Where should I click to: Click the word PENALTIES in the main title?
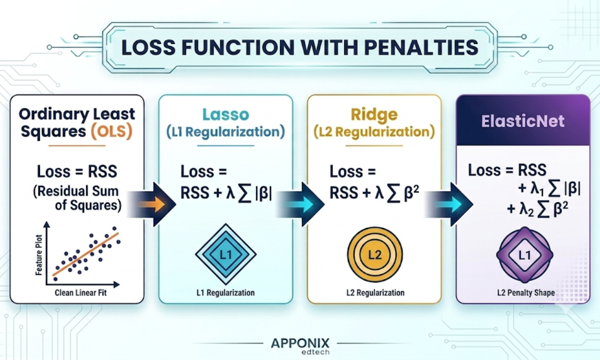click(x=421, y=47)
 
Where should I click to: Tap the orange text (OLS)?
click(x=111, y=131)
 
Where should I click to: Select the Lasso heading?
click(x=226, y=114)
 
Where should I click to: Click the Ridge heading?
click(x=374, y=114)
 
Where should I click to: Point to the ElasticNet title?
click(x=523, y=121)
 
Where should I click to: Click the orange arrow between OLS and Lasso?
click(x=151, y=204)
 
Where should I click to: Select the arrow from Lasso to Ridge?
click(x=300, y=204)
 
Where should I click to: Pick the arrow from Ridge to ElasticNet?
click(x=448, y=204)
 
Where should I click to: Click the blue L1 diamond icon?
click(x=226, y=254)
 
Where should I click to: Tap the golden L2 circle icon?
click(x=374, y=254)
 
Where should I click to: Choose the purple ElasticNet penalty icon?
click(x=524, y=255)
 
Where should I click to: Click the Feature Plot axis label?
click(x=39, y=255)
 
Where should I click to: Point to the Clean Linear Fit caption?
click(x=80, y=293)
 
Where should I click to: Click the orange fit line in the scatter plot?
click(x=85, y=254)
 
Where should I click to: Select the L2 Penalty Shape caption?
click(x=526, y=293)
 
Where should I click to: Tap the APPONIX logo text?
click(x=300, y=343)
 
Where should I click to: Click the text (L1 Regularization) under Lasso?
click(x=225, y=132)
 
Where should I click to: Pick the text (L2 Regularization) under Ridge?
click(x=374, y=132)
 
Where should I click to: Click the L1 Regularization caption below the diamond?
click(x=225, y=293)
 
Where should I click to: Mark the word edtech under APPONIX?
click(x=315, y=352)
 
